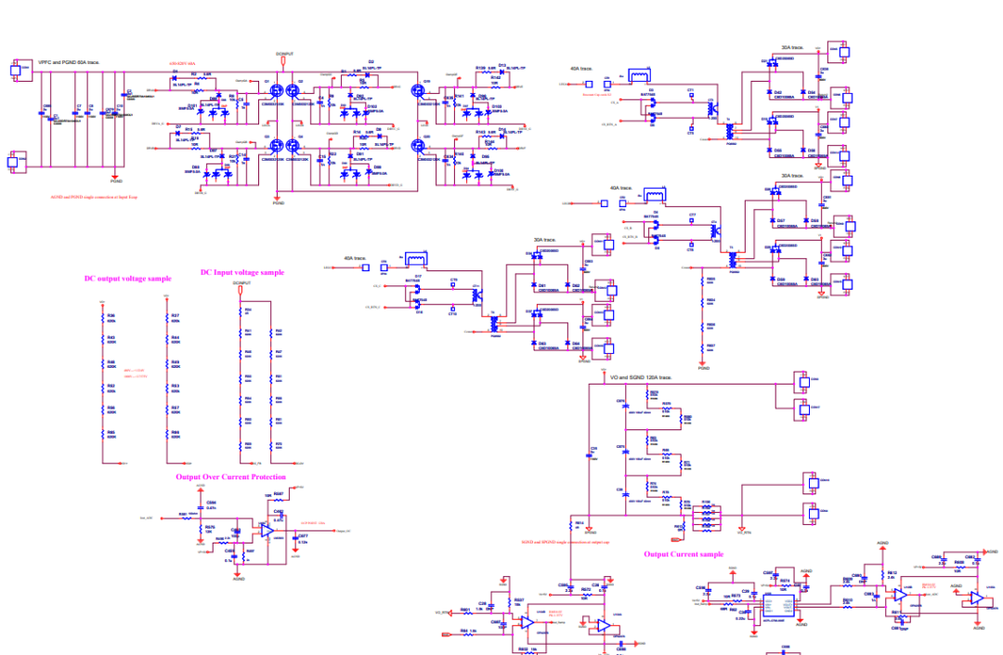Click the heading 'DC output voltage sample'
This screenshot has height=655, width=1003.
(127, 278)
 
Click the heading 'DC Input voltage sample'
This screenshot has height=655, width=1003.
(242, 272)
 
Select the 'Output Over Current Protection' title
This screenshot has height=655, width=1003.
(231, 477)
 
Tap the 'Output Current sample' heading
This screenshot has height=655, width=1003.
(684, 555)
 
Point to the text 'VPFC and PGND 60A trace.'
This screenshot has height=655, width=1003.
(69, 62)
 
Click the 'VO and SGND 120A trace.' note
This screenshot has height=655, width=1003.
(640, 378)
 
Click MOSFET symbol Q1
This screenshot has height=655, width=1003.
(275, 93)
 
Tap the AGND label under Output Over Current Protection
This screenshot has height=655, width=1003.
(239, 579)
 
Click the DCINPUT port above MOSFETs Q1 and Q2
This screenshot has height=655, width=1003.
(284, 55)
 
